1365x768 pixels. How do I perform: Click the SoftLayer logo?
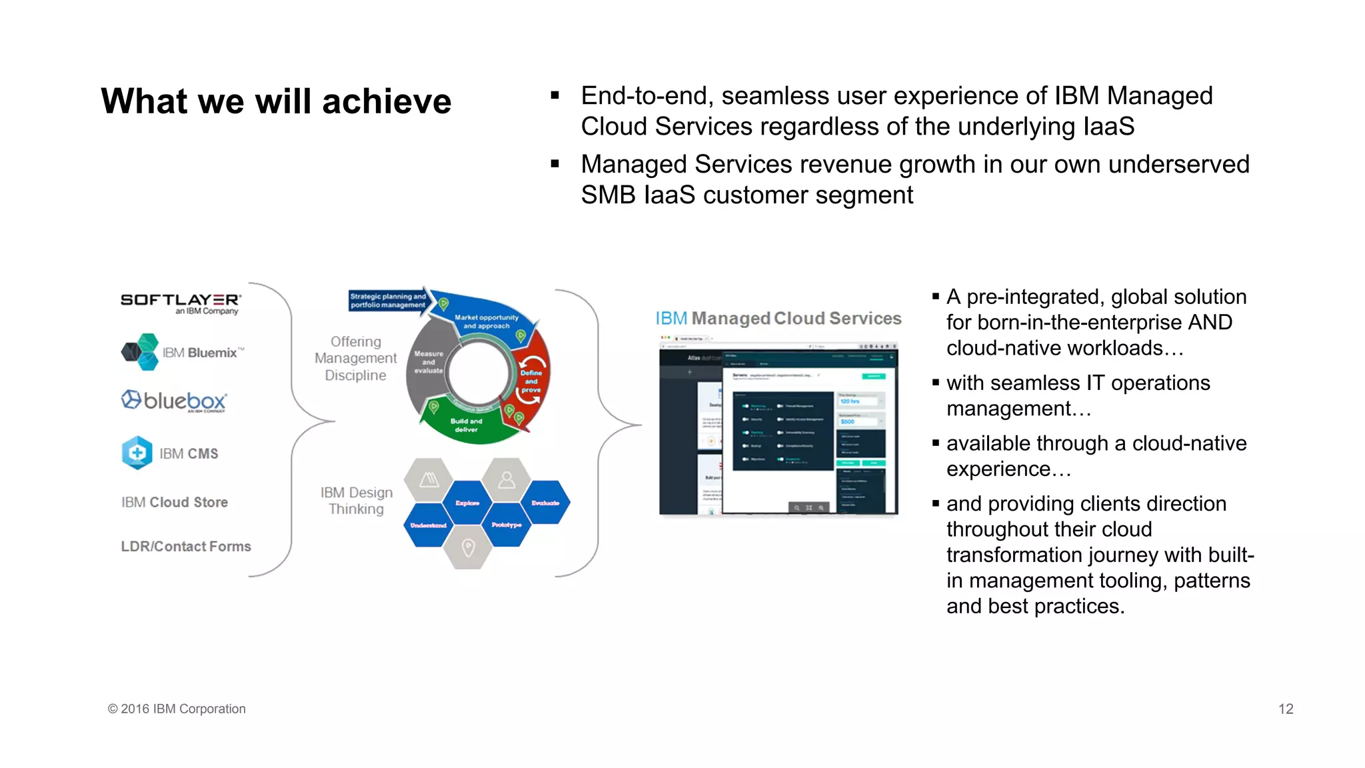click(180, 303)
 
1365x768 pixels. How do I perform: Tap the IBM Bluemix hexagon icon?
click(141, 352)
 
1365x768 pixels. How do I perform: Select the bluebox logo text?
click(185, 401)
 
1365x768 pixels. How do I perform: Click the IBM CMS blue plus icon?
click(137, 453)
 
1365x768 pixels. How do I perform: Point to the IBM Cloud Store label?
click(175, 502)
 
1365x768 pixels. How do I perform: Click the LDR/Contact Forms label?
click(186, 546)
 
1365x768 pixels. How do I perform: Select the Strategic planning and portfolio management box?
click(387, 301)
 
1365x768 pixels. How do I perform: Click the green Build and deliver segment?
click(466, 425)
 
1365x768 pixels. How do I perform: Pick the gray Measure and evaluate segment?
click(428, 362)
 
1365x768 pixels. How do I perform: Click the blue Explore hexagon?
click(467, 503)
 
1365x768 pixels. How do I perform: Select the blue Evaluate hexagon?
click(545, 503)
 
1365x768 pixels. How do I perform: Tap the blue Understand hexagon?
click(428, 525)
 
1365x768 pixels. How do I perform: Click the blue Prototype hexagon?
click(507, 525)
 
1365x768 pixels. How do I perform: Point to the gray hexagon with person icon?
click(507, 479)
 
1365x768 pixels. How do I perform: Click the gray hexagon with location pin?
click(468, 548)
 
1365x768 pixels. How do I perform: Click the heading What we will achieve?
click(276, 101)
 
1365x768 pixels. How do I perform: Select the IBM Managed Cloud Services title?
click(778, 318)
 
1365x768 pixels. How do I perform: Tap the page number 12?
click(1285, 709)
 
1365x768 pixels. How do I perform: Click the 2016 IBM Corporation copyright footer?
click(177, 709)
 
